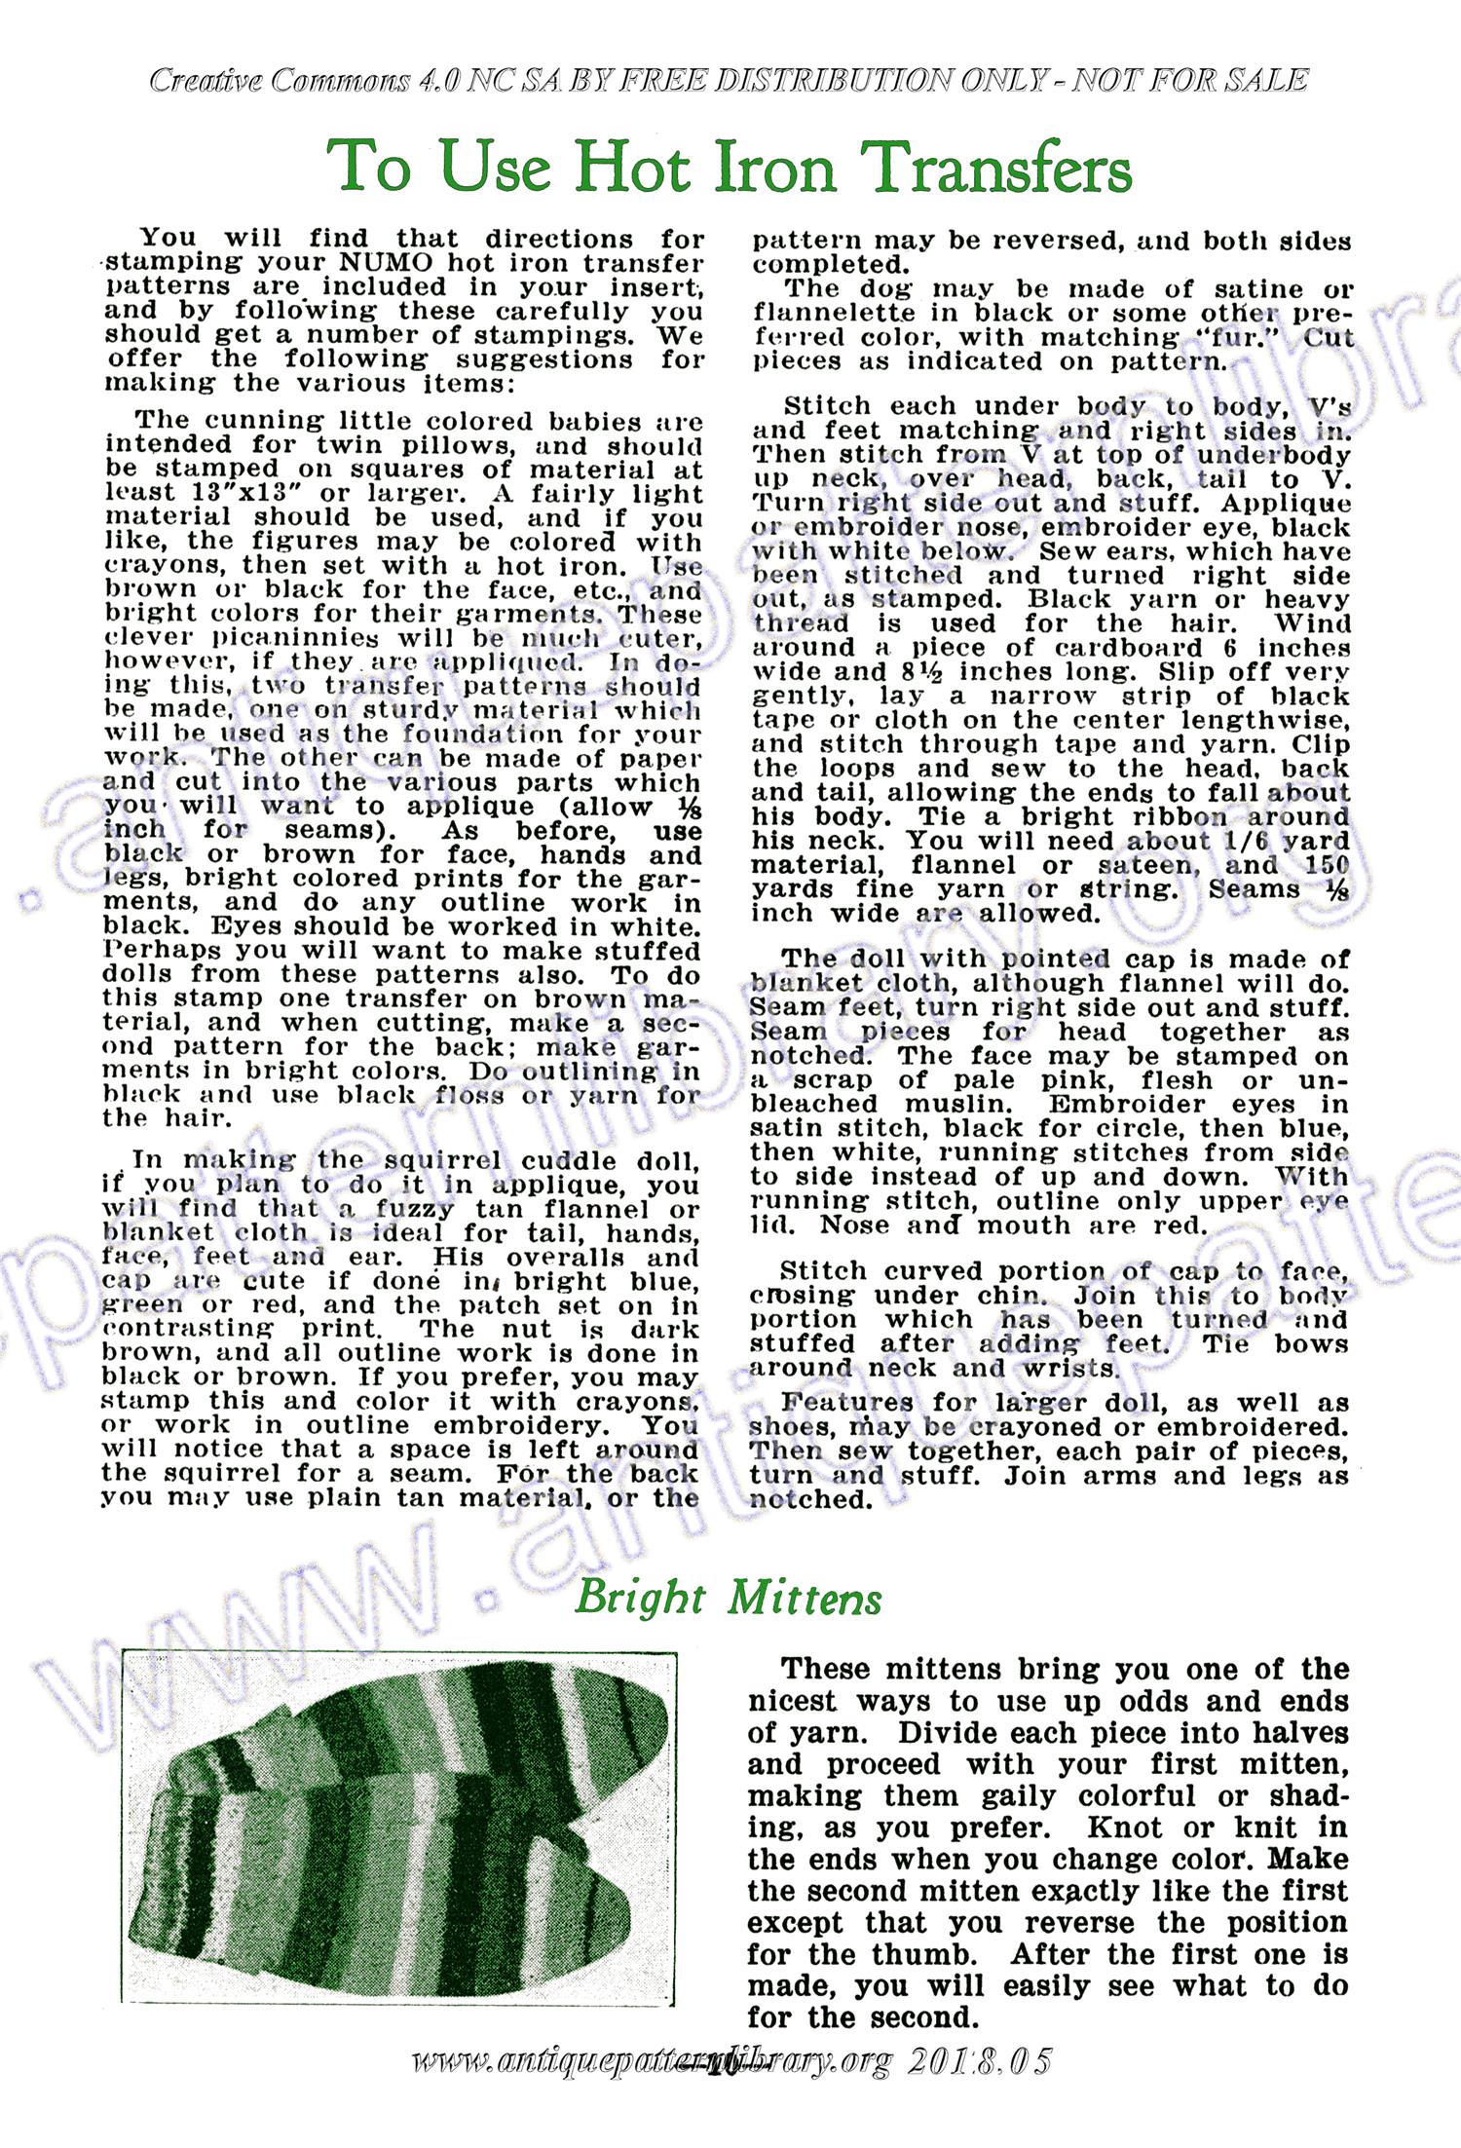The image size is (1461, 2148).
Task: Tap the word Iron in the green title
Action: pos(775,168)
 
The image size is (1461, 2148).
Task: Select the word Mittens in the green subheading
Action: pos(805,1599)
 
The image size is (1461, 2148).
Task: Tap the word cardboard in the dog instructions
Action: pos(1114,649)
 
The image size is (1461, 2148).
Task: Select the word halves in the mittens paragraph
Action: pos(1291,1733)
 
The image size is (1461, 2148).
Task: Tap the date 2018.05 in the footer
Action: pos(980,2061)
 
